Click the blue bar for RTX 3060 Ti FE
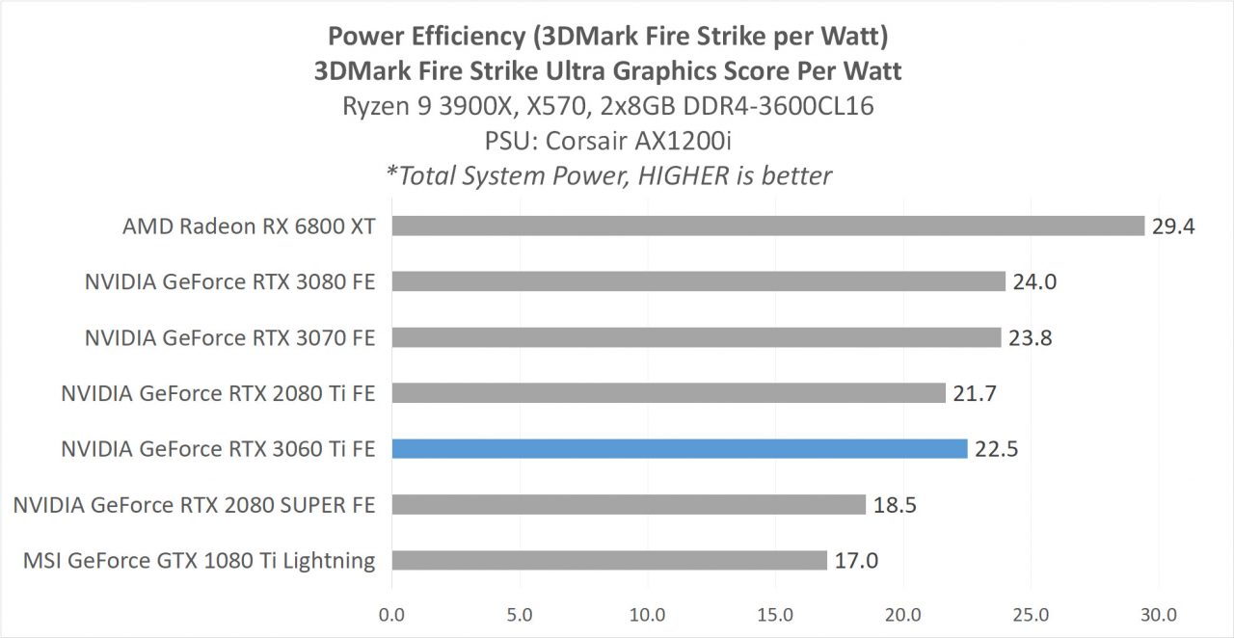679,448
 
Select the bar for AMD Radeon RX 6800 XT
767,226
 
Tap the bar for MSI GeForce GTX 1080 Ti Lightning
609,560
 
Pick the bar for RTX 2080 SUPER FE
629,504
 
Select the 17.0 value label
856,561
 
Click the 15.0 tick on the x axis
775,614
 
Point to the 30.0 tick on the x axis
1158,614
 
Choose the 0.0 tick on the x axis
392,614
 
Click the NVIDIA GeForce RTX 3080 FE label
229,282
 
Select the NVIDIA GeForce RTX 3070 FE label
229,337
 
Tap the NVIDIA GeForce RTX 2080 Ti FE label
218,393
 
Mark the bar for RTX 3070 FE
696,337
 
